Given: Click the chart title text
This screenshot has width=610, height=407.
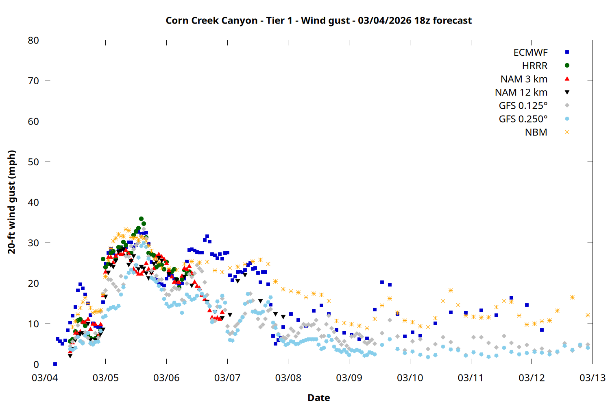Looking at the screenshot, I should click(x=318, y=20).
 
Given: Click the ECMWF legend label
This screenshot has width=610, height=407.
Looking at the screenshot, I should click(x=530, y=53).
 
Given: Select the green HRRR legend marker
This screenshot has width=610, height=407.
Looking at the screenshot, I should click(x=567, y=66).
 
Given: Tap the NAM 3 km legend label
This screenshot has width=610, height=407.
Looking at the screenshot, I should click(x=524, y=79).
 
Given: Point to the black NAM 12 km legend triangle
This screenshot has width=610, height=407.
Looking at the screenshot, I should click(x=567, y=92).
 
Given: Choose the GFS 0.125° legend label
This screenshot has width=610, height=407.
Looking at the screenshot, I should click(x=523, y=106).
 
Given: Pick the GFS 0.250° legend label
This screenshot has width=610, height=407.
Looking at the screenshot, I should click(x=523, y=119).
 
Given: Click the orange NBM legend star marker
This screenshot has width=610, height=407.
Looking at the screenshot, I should click(x=567, y=132).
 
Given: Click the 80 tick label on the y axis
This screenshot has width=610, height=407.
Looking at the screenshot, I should click(x=34, y=40).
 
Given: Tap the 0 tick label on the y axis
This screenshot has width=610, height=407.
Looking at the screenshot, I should click(x=37, y=364).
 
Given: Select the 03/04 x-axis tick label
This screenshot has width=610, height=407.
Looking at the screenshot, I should click(x=45, y=378).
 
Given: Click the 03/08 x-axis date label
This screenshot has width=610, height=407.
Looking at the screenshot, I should click(x=288, y=378).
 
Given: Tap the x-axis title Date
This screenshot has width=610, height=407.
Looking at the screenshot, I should click(x=318, y=398).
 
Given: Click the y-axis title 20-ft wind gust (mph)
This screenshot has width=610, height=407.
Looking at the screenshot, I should click(x=12, y=202).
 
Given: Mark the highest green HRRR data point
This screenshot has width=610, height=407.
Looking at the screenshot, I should click(x=141, y=219).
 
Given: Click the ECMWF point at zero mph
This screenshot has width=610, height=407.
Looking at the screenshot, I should click(x=55, y=364).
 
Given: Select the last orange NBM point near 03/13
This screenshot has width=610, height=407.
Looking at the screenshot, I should click(x=588, y=315).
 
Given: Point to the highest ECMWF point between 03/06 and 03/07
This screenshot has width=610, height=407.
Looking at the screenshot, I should click(x=207, y=236).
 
